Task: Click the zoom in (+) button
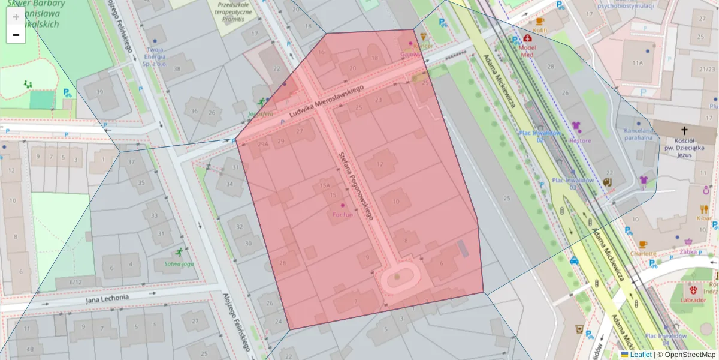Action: (16, 17)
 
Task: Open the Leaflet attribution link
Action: (641, 355)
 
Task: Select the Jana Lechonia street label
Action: (107, 298)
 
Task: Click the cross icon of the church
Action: (685, 130)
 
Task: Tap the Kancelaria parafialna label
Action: (638, 134)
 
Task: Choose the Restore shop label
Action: (580, 140)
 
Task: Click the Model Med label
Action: (527, 50)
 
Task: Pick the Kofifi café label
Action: (539, 29)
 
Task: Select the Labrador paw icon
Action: (694, 290)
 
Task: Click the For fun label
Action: (343, 214)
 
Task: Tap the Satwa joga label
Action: (179, 263)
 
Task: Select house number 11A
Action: (637, 62)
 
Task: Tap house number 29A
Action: (263, 145)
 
